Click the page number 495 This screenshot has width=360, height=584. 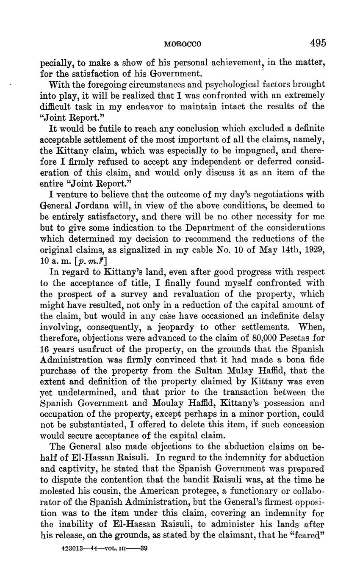tap(318, 43)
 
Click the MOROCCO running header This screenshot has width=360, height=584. tap(183, 44)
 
